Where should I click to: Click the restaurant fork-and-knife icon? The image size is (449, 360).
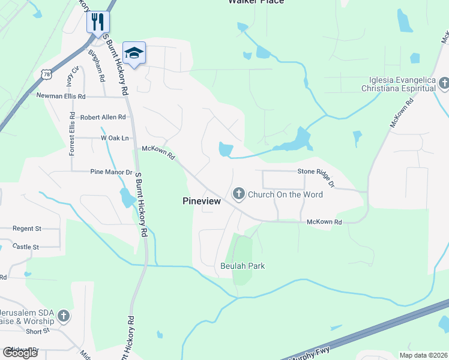(x=97, y=22)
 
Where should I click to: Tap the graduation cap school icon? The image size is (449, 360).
(x=134, y=53)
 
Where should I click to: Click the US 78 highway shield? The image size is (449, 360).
(x=46, y=74)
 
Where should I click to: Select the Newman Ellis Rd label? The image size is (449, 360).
(x=61, y=96)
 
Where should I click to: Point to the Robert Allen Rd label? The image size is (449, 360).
(x=103, y=118)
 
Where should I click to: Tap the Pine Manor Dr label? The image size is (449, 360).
(x=111, y=172)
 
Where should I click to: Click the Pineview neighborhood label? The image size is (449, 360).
(x=202, y=202)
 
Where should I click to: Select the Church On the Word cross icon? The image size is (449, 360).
(x=239, y=194)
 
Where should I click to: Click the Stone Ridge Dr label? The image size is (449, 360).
(x=316, y=172)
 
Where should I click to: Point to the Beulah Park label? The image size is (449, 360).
(x=243, y=266)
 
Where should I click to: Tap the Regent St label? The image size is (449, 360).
(x=27, y=229)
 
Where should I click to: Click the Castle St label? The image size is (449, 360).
(x=26, y=247)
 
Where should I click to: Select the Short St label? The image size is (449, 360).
(x=37, y=331)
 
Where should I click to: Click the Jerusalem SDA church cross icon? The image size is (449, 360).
(x=64, y=316)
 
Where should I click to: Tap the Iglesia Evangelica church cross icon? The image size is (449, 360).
(x=444, y=83)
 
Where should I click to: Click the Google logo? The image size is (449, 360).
(x=19, y=353)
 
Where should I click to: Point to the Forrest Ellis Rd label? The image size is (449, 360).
(x=72, y=134)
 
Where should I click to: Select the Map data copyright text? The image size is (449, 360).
(x=423, y=355)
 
